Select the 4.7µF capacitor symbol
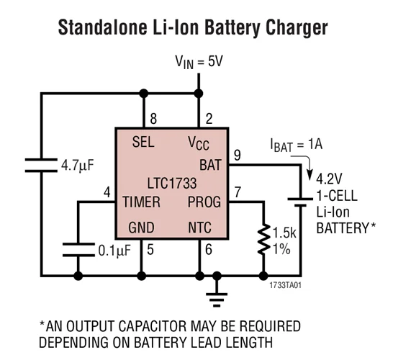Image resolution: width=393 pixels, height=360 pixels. (x=42, y=166)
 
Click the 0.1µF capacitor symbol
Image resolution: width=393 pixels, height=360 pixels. (x=78, y=249)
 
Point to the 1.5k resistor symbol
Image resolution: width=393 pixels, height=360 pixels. (x=260, y=239)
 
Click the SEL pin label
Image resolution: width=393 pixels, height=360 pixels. (x=143, y=143)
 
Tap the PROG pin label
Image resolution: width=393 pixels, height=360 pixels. (x=204, y=202)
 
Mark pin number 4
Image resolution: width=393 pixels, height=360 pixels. (x=107, y=192)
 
